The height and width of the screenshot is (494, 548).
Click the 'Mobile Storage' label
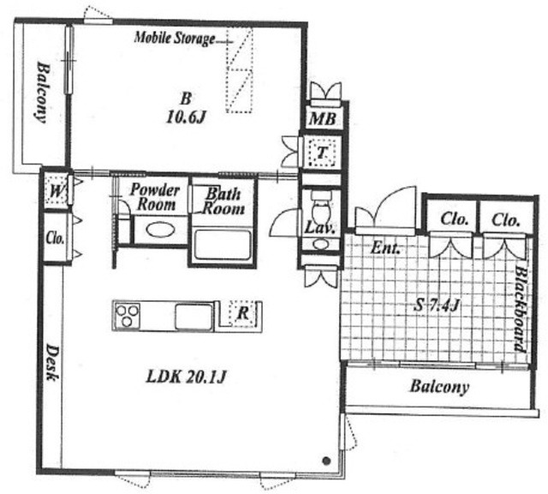point(175,38)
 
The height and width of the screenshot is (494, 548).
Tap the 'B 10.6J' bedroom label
point(186,108)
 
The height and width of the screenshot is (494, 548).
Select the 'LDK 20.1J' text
point(186,377)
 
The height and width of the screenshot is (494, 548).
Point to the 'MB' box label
point(323,119)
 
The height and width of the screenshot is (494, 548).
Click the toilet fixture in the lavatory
point(321,208)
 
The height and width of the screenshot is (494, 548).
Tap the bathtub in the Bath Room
point(223,244)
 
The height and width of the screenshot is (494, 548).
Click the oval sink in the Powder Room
point(160,230)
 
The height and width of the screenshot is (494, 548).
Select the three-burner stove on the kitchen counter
point(128,316)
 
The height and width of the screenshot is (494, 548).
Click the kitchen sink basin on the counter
point(194,316)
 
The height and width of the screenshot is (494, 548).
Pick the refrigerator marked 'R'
point(243,313)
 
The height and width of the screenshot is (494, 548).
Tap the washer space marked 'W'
point(56,191)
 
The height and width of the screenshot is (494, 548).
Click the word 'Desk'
point(52,363)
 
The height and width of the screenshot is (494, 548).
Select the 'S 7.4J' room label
point(436,306)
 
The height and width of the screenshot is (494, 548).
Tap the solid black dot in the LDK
point(326,461)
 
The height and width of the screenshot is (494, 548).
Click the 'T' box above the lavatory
point(322,152)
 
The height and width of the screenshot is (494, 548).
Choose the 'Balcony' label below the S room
point(439,387)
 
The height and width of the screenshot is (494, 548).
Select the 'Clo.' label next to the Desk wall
point(55,238)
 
